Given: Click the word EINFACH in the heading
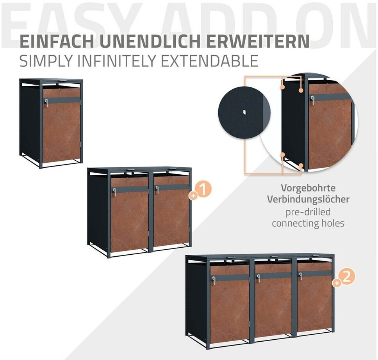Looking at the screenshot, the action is point(57,41).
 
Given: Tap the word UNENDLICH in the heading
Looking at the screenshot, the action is point(150,41).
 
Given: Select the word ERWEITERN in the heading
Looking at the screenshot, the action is point(258,41).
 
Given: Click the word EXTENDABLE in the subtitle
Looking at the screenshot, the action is point(209,61).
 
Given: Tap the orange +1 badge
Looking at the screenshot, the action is point(201,190).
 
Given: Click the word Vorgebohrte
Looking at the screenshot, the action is point(308,188).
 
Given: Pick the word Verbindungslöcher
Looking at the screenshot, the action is point(308,200).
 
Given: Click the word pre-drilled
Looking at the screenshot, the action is point(308,212).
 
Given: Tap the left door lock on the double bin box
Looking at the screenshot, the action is point(114,192).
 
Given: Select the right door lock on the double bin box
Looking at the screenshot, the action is point(157,190).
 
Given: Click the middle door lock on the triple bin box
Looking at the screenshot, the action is point(259,278).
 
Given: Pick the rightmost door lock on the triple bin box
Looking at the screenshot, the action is point(301,276).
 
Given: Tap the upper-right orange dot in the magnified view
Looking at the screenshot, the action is point(301,90).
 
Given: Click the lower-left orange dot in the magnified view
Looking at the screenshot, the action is point(283,154).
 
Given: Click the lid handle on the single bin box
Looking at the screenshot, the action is point(63,81).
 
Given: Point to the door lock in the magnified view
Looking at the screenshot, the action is point(312,100).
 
